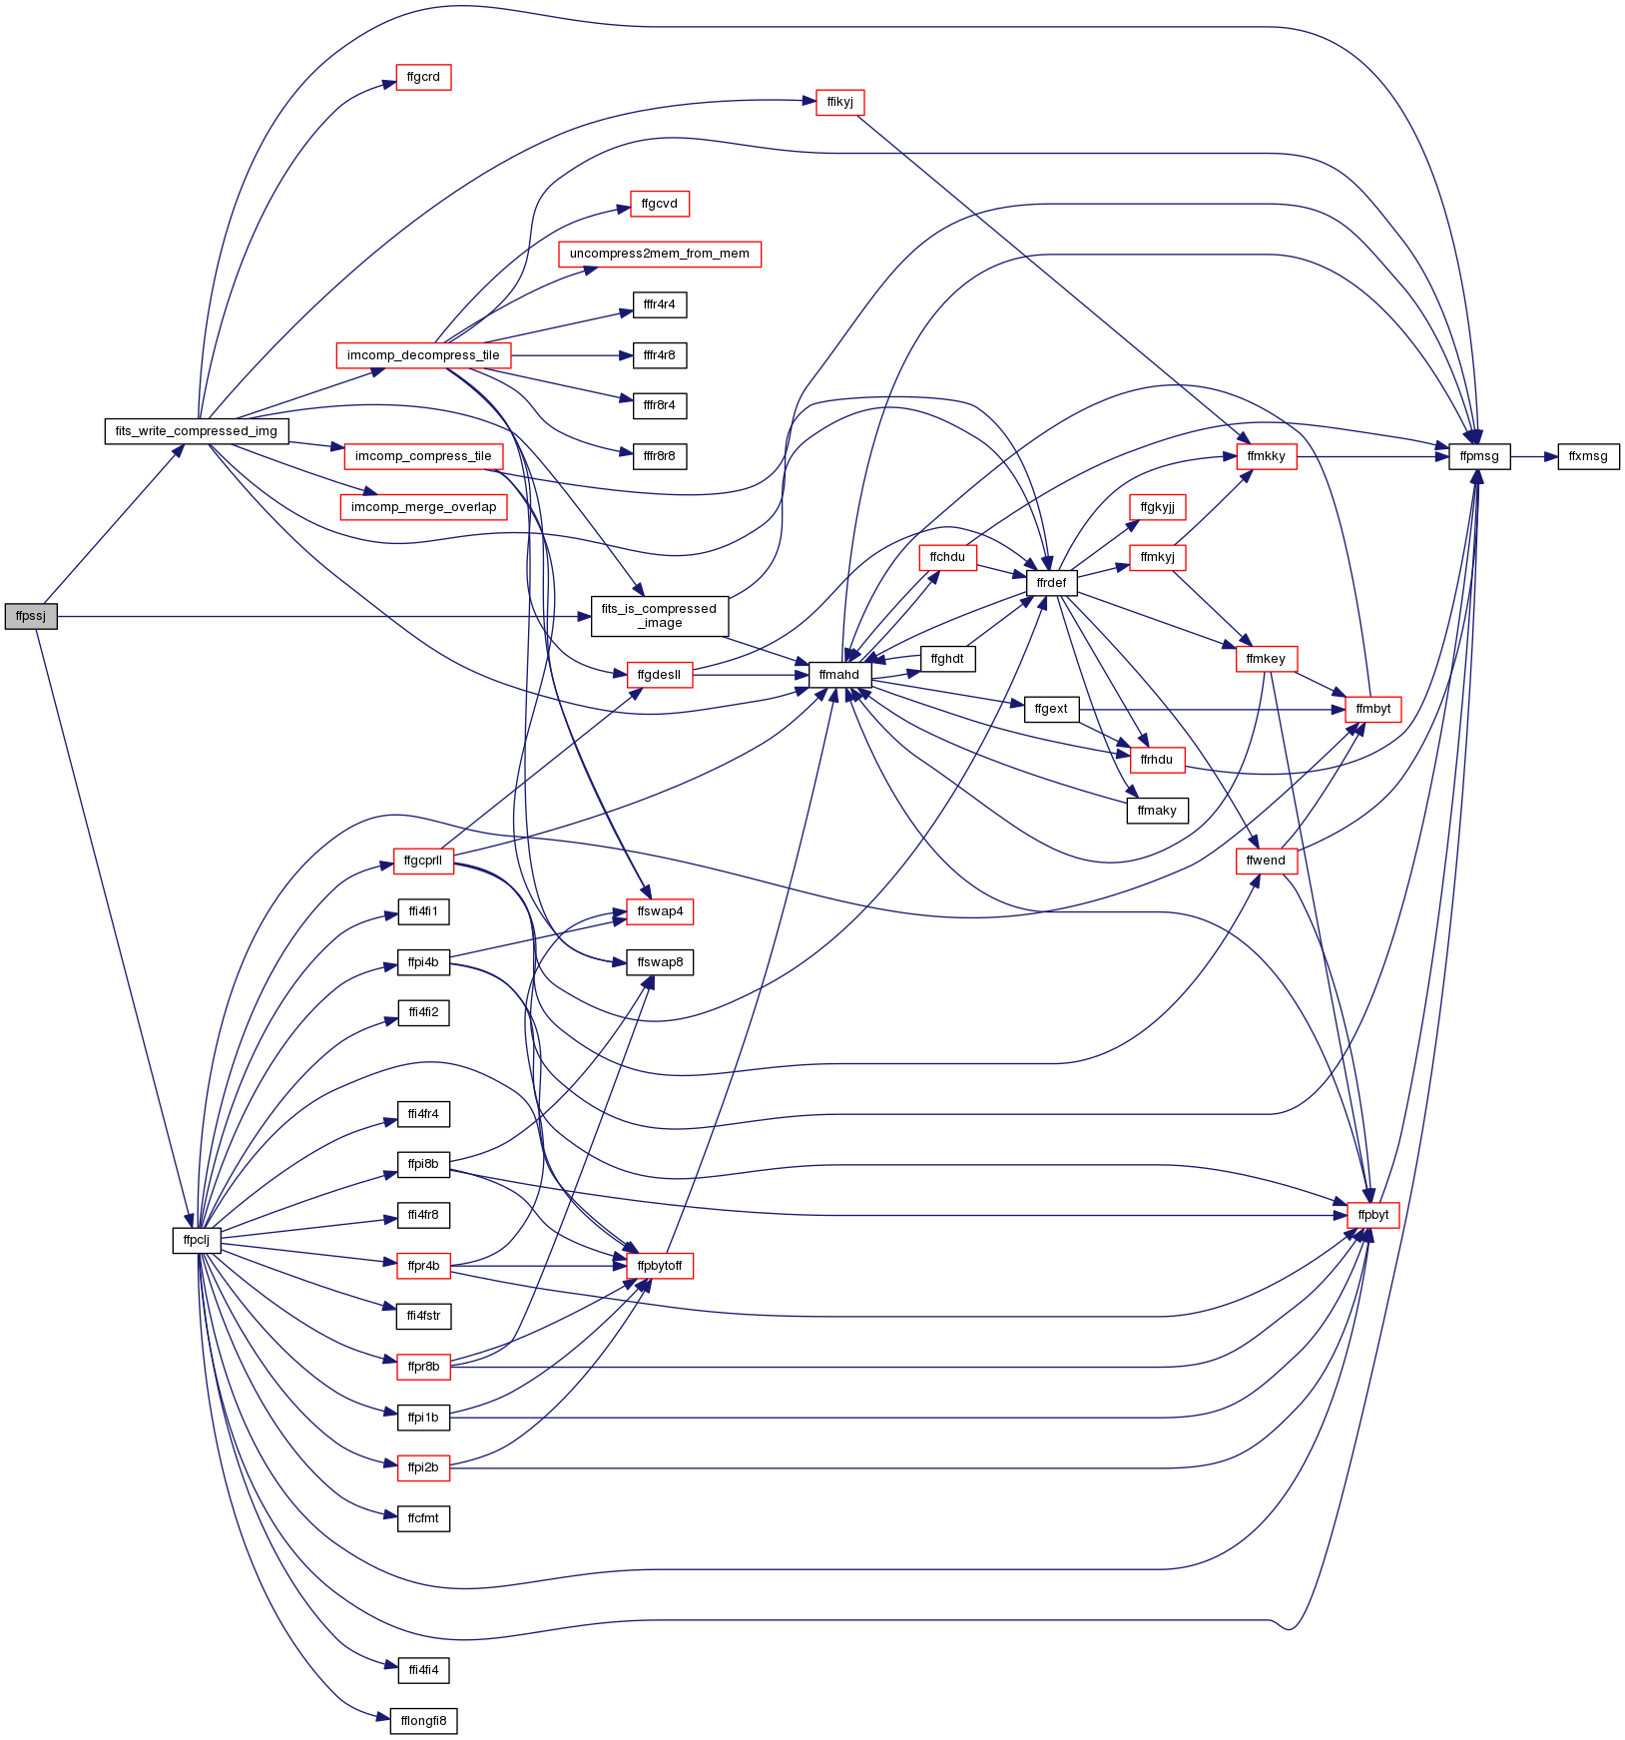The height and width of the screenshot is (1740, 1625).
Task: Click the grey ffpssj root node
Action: [x=31, y=616]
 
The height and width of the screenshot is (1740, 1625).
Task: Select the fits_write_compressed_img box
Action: [x=197, y=431]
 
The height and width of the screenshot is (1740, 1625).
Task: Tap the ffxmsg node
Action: [x=1588, y=456]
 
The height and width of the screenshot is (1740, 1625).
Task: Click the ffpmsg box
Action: [x=1479, y=456]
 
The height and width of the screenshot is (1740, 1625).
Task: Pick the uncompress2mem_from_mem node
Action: [x=660, y=254]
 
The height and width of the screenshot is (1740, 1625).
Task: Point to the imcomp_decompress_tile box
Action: [x=423, y=355]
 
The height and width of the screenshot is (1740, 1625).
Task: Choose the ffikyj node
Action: [x=840, y=102]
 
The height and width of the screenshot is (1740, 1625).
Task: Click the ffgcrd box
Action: [x=423, y=77]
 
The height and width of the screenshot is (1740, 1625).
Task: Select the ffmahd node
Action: [x=839, y=675]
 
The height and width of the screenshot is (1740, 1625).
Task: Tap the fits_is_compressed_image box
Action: [x=660, y=616]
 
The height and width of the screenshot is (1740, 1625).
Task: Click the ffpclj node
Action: [x=197, y=1240]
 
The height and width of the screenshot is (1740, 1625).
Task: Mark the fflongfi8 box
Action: [x=423, y=1721]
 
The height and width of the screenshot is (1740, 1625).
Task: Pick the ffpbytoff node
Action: [x=660, y=1266]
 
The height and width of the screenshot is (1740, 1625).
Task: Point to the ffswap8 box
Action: [x=660, y=962]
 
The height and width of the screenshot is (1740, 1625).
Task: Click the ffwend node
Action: [x=1267, y=861]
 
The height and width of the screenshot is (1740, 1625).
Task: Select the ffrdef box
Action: [x=1051, y=583]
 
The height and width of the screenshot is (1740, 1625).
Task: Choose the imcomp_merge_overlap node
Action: [x=423, y=507]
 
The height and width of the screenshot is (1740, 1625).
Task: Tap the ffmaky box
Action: [x=1157, y=811]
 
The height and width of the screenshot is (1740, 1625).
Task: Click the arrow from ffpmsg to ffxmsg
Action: [x=1534, y=457]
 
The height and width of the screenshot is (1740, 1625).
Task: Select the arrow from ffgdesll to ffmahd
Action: [x=751, y=675]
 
